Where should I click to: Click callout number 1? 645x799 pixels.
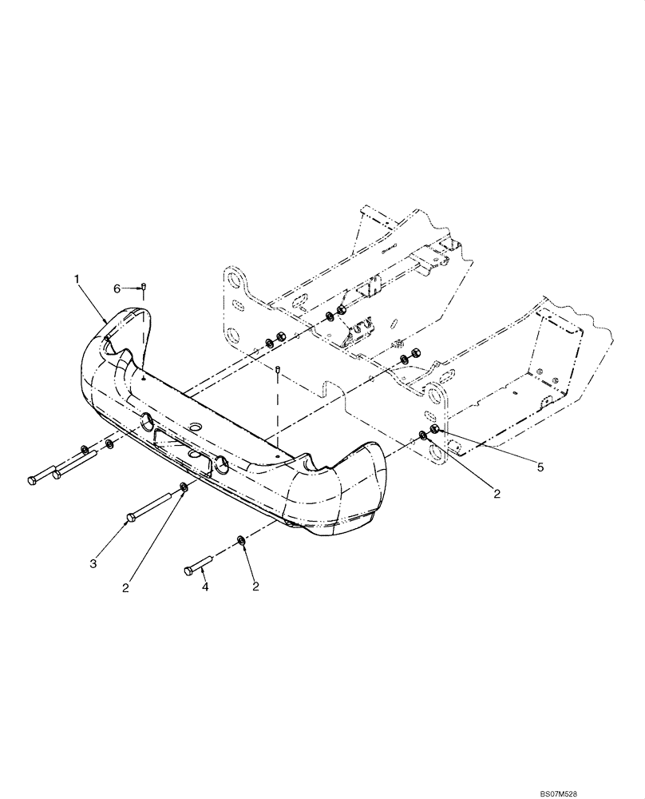(x=77, y=279)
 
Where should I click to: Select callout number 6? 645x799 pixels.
(x=117, y=288)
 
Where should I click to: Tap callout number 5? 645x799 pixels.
(x=540, y=467)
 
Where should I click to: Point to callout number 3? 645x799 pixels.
(x=93, y=564)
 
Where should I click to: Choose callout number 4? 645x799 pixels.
(x=205, y=587)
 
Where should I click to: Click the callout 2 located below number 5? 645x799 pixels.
(x=496, y=495)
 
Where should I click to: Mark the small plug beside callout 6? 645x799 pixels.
(x=143, y=288)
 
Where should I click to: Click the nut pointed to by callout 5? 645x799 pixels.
(x=434, y=432)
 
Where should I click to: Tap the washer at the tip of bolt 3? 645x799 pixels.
(x=185, y=487)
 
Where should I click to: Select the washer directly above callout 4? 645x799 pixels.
(x=242, y=541)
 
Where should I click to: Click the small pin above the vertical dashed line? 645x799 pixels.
(x=276, y=371)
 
